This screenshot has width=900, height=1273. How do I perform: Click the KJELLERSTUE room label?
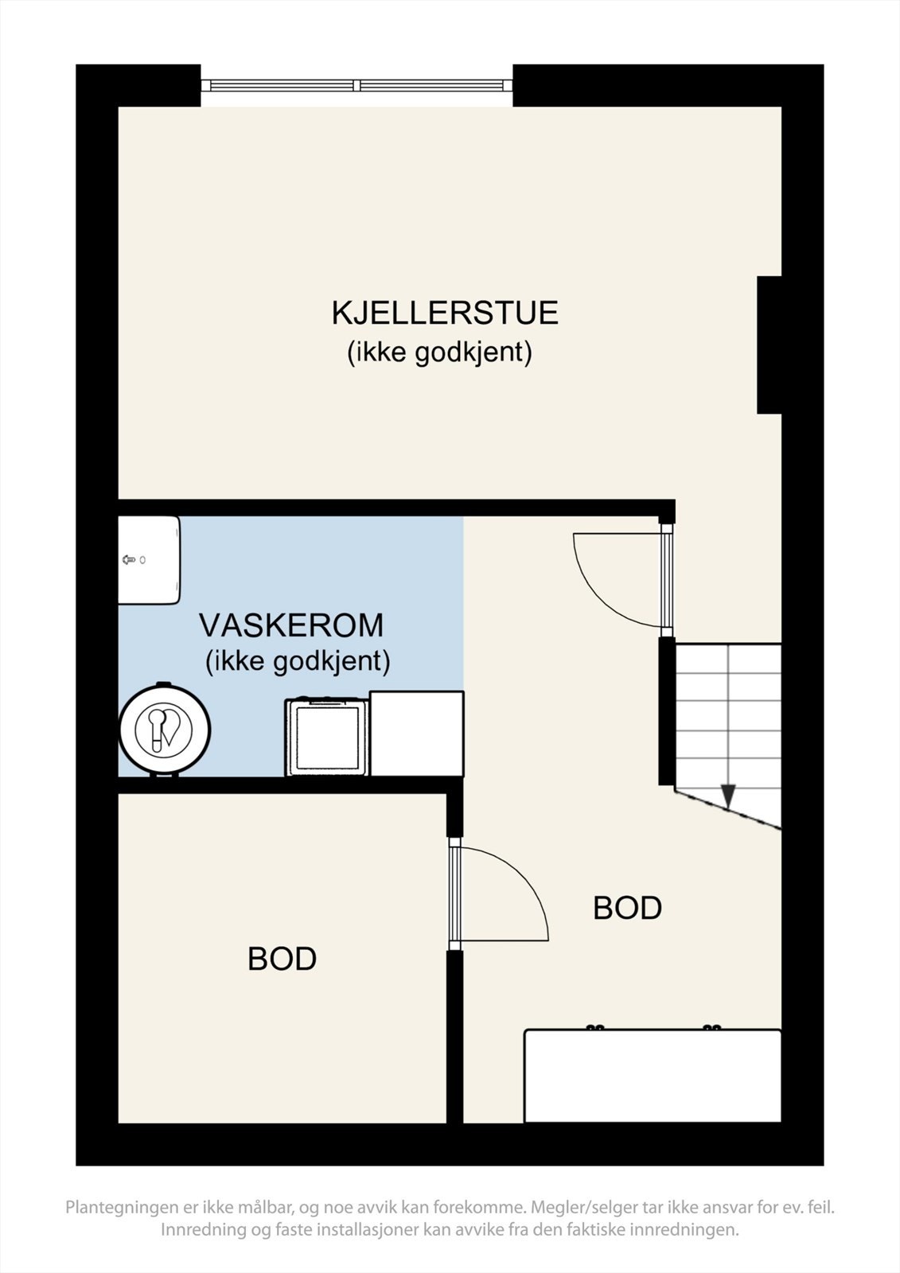click(444, 313)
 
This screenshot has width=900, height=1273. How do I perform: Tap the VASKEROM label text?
click(290, 625)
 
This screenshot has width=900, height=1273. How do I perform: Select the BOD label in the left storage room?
click(282, 959)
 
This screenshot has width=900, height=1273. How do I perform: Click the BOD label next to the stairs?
click(627, 908)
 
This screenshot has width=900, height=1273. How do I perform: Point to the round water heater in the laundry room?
click(165, 730)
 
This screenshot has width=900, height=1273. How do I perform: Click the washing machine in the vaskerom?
click(327, 737)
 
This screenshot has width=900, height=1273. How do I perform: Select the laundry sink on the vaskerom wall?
click(149, 560)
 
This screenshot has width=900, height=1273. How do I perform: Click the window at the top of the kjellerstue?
click(356, 85)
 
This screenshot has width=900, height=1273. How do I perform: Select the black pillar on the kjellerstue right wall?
click(769, 345)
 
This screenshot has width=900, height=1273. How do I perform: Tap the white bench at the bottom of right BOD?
click(653, 1076)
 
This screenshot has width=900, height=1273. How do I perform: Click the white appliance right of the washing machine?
click(417, 733)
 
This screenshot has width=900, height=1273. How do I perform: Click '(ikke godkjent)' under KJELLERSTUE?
click(439, 352)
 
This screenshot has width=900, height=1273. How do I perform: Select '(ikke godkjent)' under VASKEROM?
click(298, 661)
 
